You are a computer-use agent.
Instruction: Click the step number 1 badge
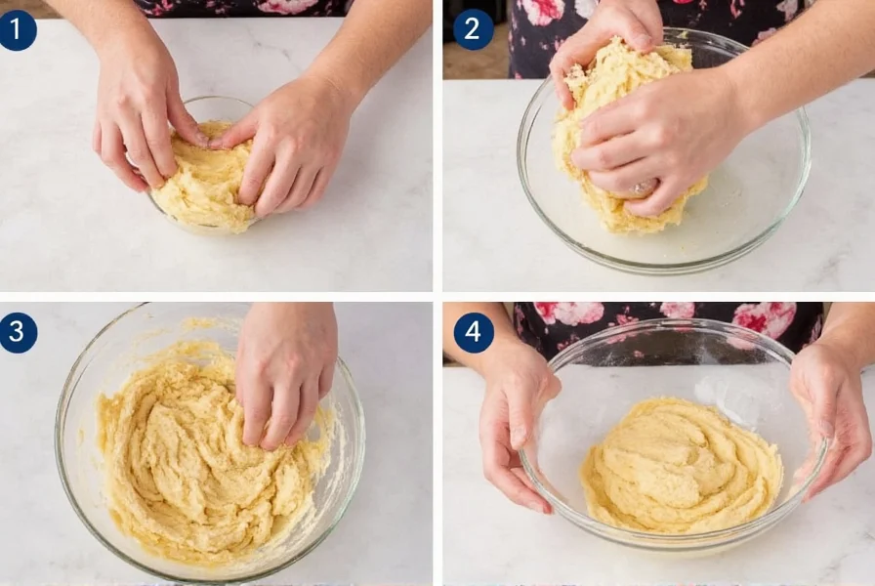[18, 30]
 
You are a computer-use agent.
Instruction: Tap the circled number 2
[473, 29]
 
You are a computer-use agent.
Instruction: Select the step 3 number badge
[18, 332]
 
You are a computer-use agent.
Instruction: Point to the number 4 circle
[473, 332]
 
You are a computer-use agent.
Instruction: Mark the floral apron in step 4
[674, 322]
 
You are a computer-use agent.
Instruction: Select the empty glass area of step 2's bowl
[752, 195]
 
